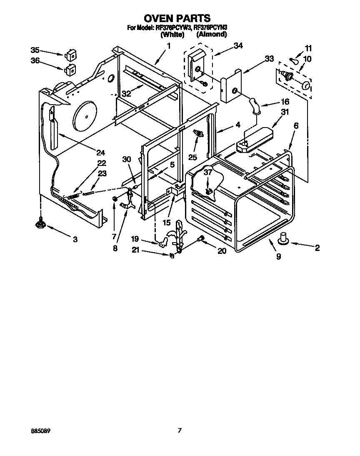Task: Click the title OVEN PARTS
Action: [177, 18]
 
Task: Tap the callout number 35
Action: [35, 50]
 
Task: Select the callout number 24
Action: [100, 152]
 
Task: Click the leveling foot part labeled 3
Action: [40, 225]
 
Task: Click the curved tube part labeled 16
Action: [254, 105]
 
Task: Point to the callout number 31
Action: [285, 112]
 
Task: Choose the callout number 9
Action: [278, 256]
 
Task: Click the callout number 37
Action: [207, 172]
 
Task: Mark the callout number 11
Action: [308, 48]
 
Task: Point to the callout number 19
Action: [135, 239]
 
